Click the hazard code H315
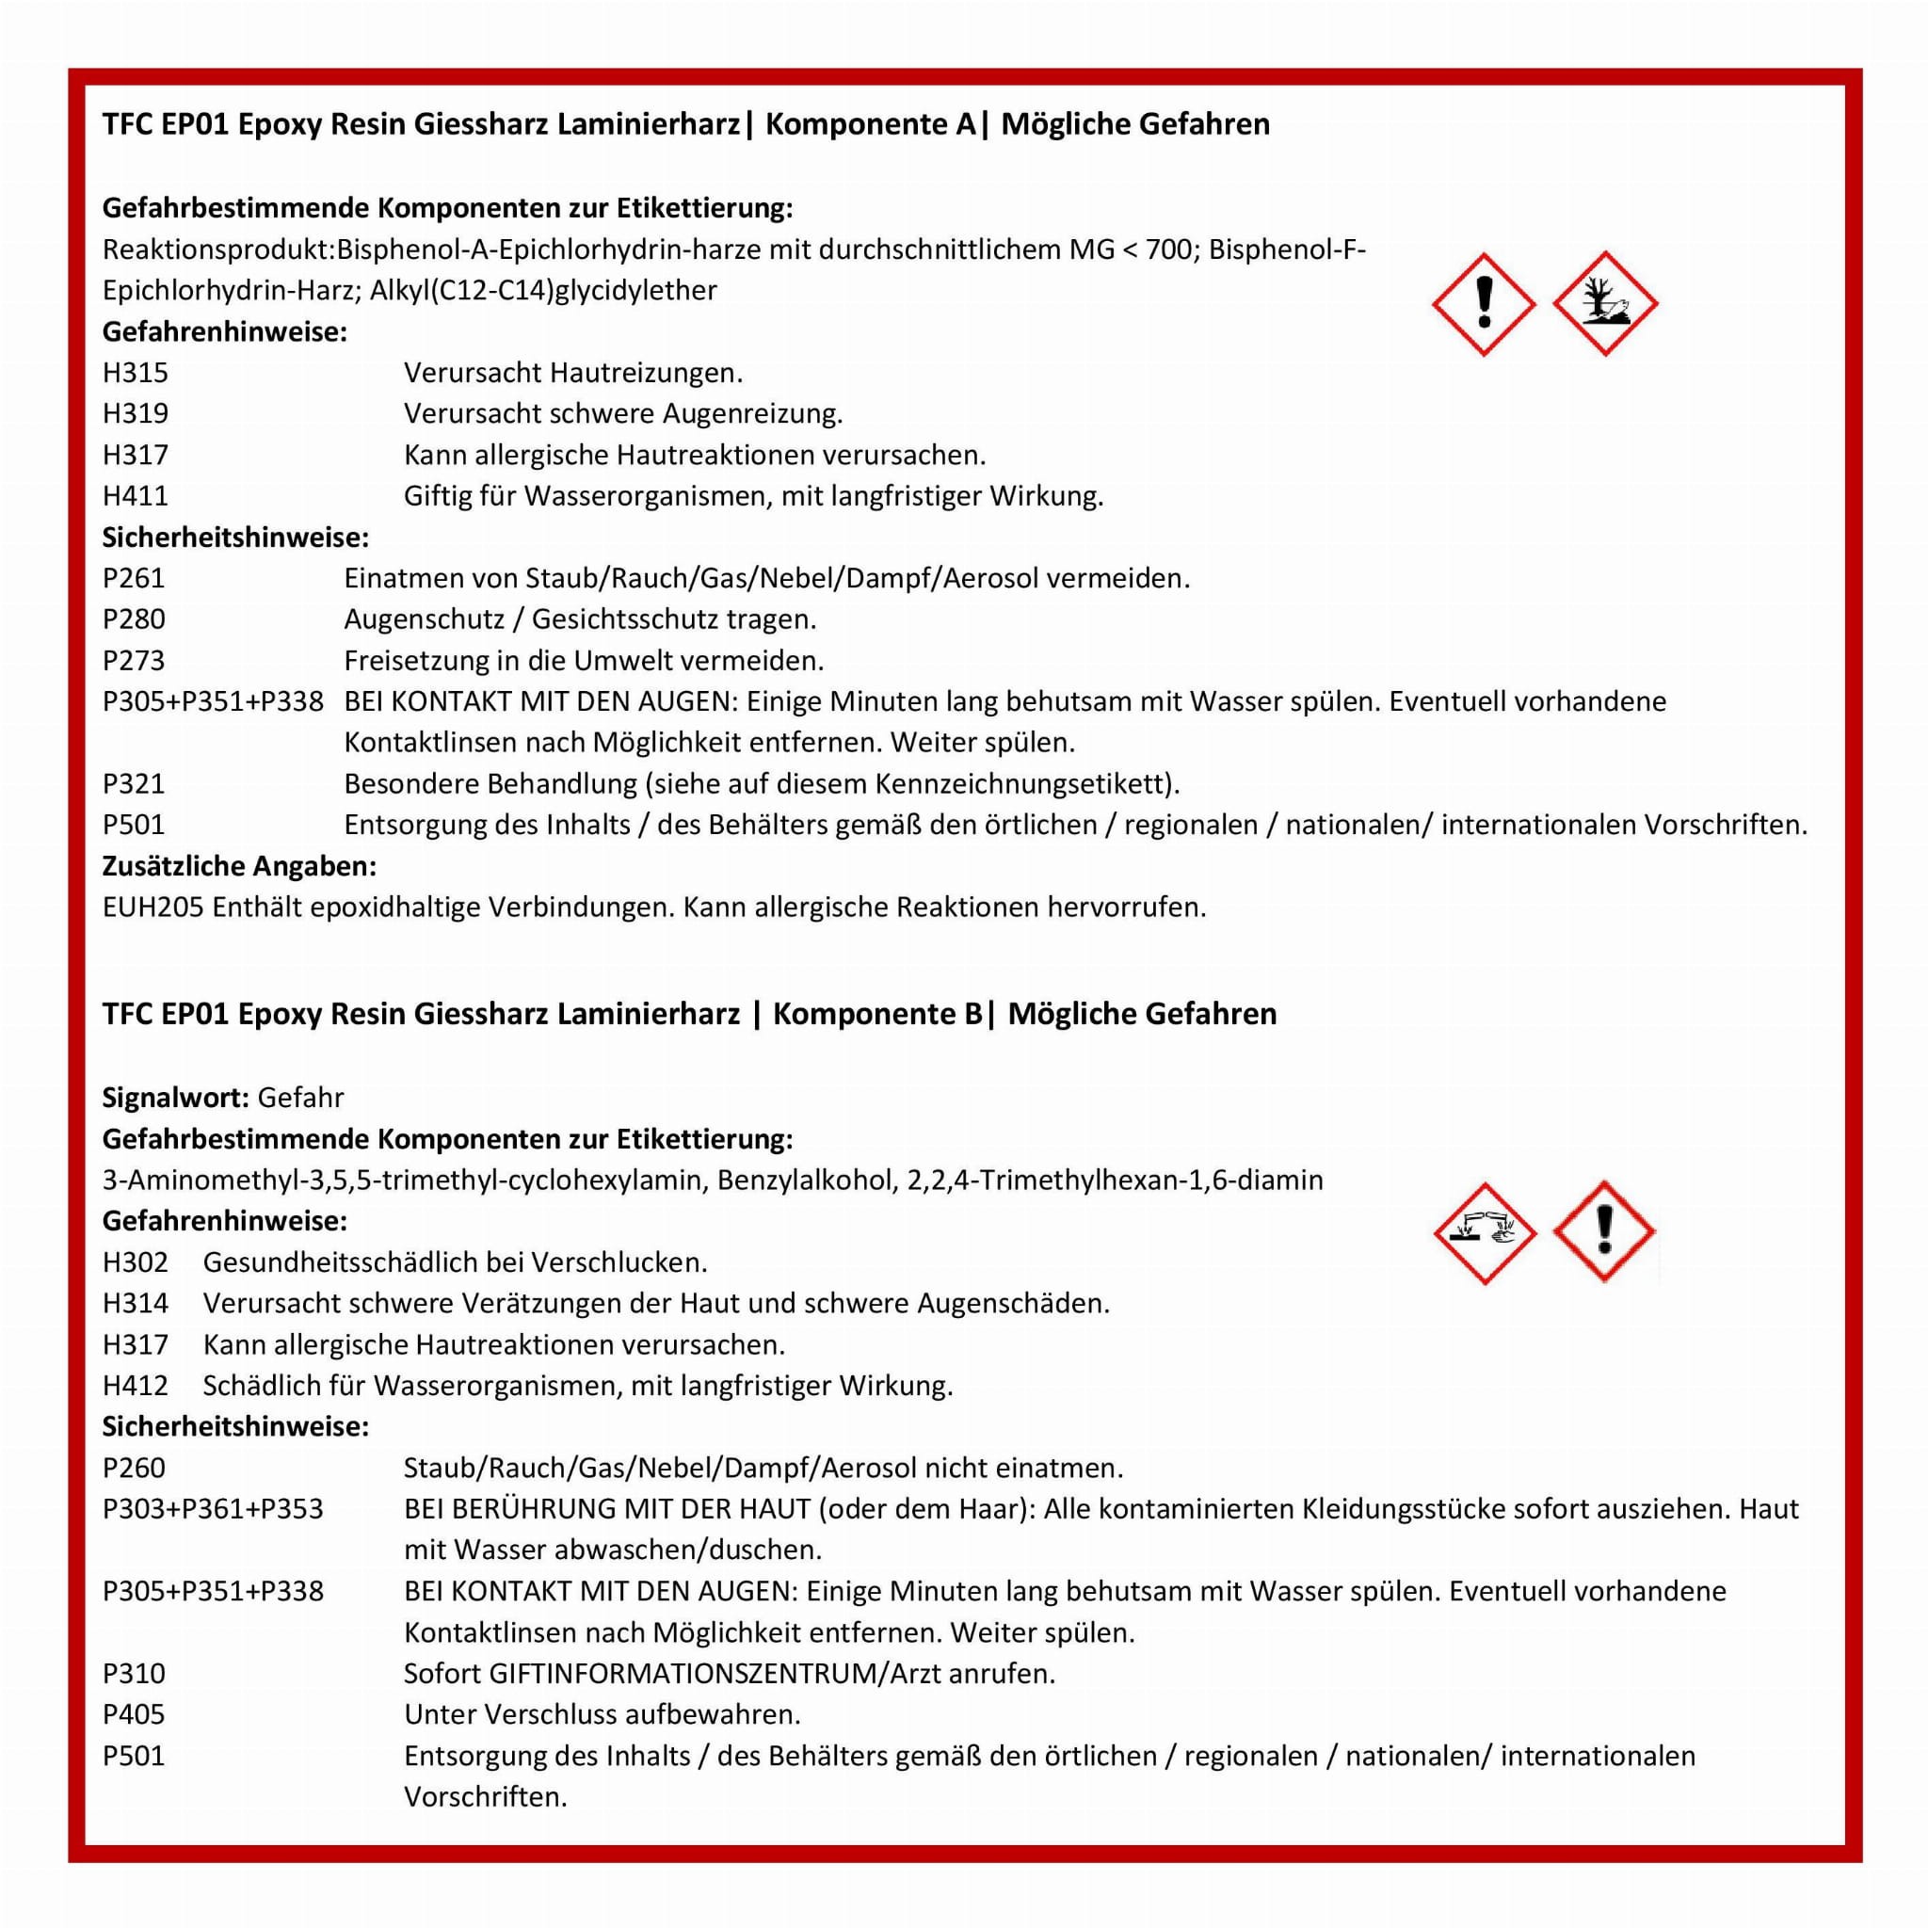click(135, 373)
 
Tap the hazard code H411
click(135, 496)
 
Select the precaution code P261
click(133, 579)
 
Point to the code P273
click(133, 661)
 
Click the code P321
click(133, 784)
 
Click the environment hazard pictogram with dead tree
click(1605, 303)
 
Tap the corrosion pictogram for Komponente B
click(1484, 1233)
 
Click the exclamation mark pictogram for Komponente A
click(1484, 303)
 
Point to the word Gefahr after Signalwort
click(300, 1098)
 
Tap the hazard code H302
click(135, 1262)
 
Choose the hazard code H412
click(135, 1386)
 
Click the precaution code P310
click(133, 1674)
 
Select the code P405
click(133, 1714)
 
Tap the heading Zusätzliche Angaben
click(238, 866)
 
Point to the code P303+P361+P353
click(213, 1509)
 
